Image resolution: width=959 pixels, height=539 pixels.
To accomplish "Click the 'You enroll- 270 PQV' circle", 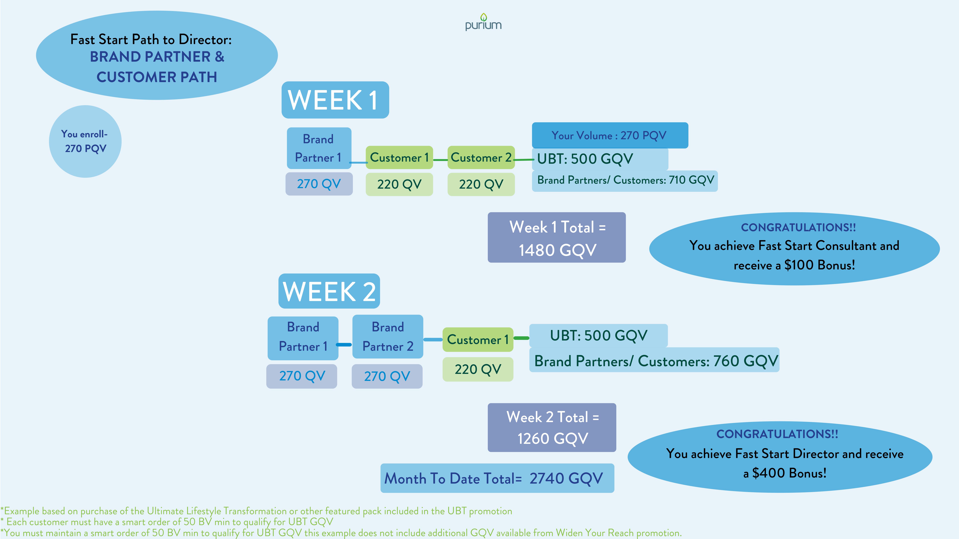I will [x=85, y=141].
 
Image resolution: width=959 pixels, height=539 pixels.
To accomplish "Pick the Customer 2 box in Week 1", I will [x=481, y=157].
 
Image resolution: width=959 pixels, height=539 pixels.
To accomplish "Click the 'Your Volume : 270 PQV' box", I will [x=610, y=135].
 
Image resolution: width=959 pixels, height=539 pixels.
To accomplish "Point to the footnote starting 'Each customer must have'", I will [x=168, y=522].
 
